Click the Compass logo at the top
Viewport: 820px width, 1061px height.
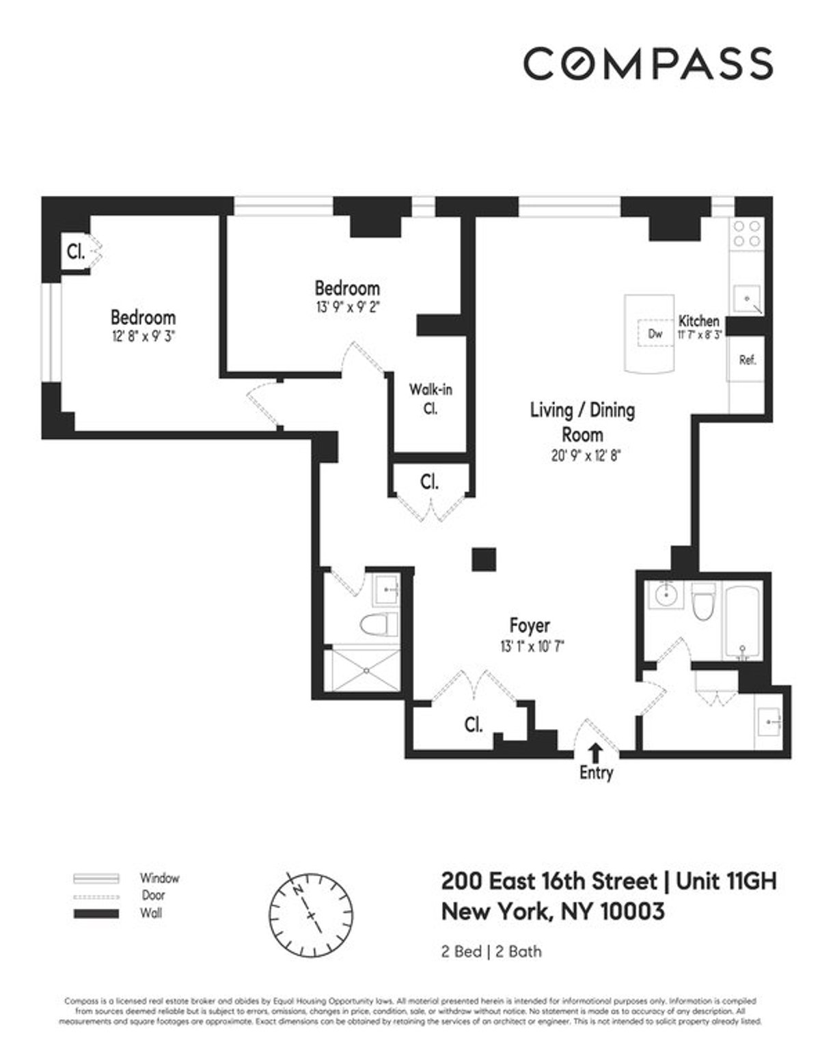tap(648, 63)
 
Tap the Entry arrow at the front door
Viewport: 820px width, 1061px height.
tap(596, 752)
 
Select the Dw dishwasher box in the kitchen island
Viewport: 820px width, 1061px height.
tap(655, 334)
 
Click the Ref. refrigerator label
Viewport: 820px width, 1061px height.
tap(748, 360)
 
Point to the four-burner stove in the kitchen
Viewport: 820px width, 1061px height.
tap(746, 233)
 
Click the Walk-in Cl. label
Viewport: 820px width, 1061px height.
tap(430, 399)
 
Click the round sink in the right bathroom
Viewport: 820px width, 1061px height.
tap(664, 595)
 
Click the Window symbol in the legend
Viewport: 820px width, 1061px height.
tap(96, 878)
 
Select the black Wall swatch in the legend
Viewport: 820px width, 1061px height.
tap(96, 914)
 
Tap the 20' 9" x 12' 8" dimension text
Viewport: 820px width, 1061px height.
tap(586, 456)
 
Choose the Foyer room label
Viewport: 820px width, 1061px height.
tap(530, 625)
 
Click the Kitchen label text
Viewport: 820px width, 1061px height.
tap(698, 320)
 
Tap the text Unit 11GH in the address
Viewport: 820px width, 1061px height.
tap(726, 881)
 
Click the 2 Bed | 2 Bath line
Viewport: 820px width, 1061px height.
tap(491, 951)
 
